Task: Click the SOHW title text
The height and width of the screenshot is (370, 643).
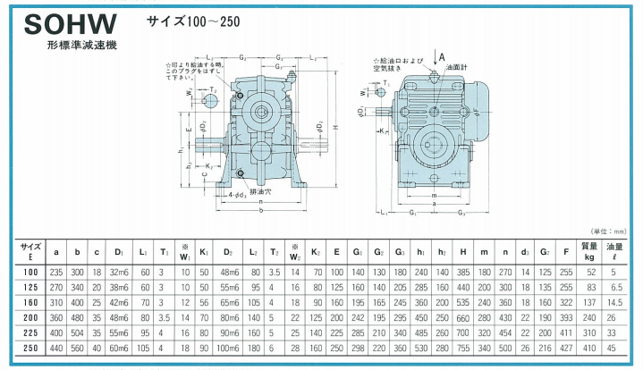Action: tap(67, 21)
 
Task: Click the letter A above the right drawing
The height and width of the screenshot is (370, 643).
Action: tap(443, 57)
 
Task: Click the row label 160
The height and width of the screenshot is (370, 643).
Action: tap(30, 304)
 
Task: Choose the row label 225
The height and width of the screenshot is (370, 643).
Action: tap(30, 332)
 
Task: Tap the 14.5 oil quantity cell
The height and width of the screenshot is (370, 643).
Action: tap(616, 304)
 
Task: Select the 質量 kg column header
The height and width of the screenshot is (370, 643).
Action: tap(589, 249)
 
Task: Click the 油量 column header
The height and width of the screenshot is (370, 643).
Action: tap(616, 249)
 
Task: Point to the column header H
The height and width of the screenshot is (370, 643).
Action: tap(463, 249)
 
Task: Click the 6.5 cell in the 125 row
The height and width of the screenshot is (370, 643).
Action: tap(616, 288)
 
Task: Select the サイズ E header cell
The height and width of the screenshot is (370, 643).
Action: tap(30, 249)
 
